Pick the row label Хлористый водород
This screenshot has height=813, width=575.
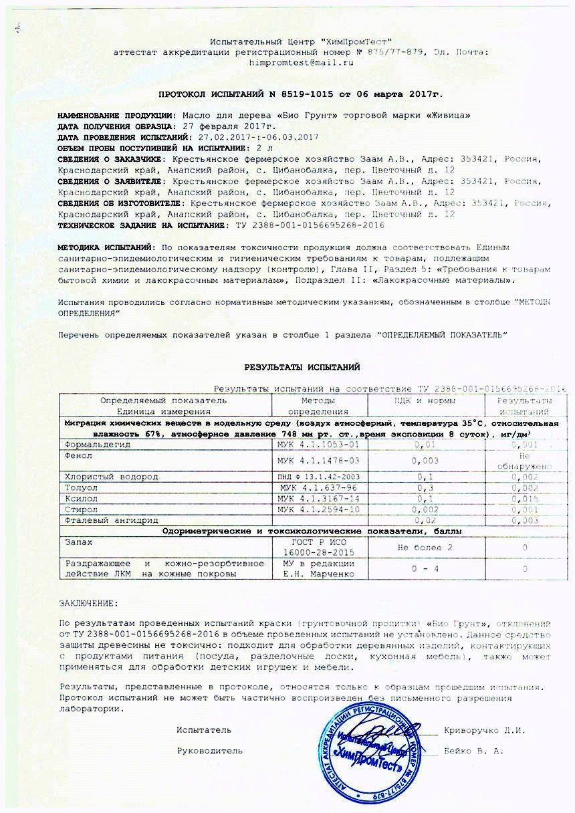(112, 477)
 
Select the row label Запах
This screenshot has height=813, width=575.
(78, 542)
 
